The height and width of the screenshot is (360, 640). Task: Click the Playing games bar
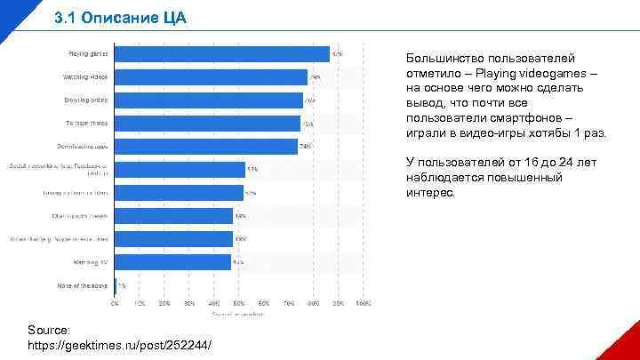(x=222, y=54)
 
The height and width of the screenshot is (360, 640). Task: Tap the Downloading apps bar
(x=206, y=146)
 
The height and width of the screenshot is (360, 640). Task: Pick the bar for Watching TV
(x=173, y=262)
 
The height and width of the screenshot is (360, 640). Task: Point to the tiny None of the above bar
(x=116, y=285)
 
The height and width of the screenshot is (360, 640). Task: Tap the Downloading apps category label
(x=85, y=146)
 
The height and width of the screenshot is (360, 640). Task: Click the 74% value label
(x=305, y=146)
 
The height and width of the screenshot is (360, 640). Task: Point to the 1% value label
(x=123, y=285)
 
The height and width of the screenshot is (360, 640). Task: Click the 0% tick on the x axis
(x=115, y=303)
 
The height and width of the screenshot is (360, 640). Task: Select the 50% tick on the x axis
(x=239, y=303)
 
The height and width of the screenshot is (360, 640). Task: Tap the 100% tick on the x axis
(x=363, y=303)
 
